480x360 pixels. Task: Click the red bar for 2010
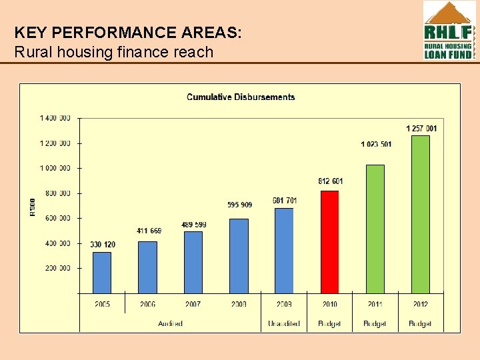coord(329,242)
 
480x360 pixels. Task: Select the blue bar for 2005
coord(102,273)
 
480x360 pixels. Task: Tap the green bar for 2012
coord(421,214)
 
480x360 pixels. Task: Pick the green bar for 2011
coord(375,229)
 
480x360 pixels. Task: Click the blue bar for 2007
coord(193,262)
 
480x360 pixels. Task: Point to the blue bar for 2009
coord(284,251)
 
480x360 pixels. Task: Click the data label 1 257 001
coord(421,128)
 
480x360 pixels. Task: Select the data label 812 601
coord(331,181)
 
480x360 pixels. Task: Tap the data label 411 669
coord(149,231)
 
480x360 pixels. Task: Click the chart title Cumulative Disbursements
coord(241,97)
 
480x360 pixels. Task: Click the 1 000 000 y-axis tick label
coord(55,169)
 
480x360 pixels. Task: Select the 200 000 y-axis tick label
coord(57,269)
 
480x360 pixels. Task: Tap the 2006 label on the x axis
coord(148,305)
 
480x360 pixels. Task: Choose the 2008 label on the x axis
coord(239,305)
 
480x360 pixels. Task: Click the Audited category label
coord(170,324)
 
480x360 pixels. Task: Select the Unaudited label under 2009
coord(284,324)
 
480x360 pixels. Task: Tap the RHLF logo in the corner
coord(449,30)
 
